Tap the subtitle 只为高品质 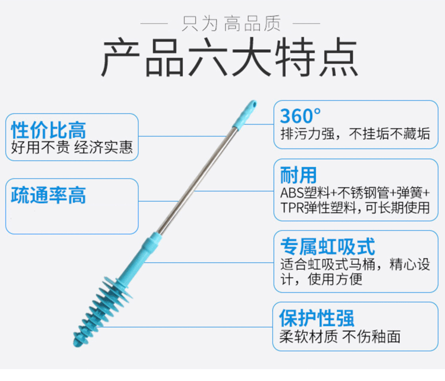[x=223, y=24]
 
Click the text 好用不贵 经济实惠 [x=72, y=147]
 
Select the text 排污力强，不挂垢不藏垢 [x=355, y=134]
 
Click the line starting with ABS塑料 [x=355, y=193]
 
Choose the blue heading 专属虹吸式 [x=327, y=246]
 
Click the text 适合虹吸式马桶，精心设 [x=355, y=264]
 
